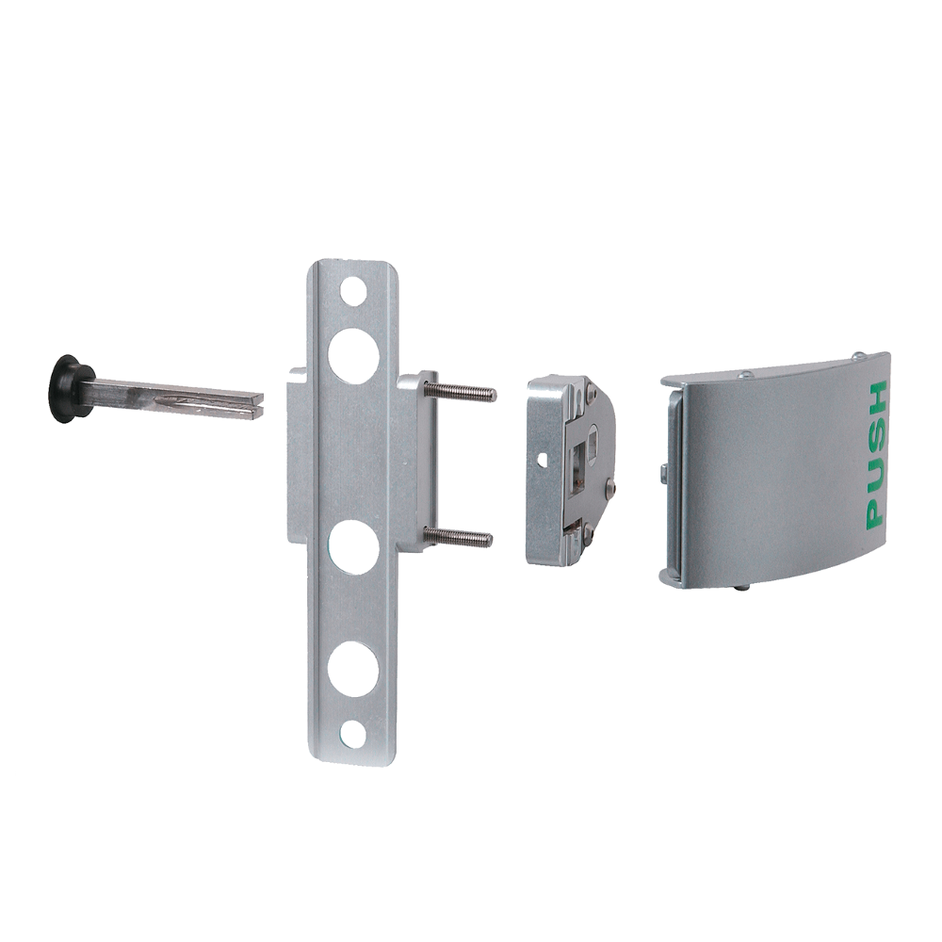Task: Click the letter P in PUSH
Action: pyautogui.click(x=874, y=512)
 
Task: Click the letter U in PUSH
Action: pyautogui.click(x=875, y=474)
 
